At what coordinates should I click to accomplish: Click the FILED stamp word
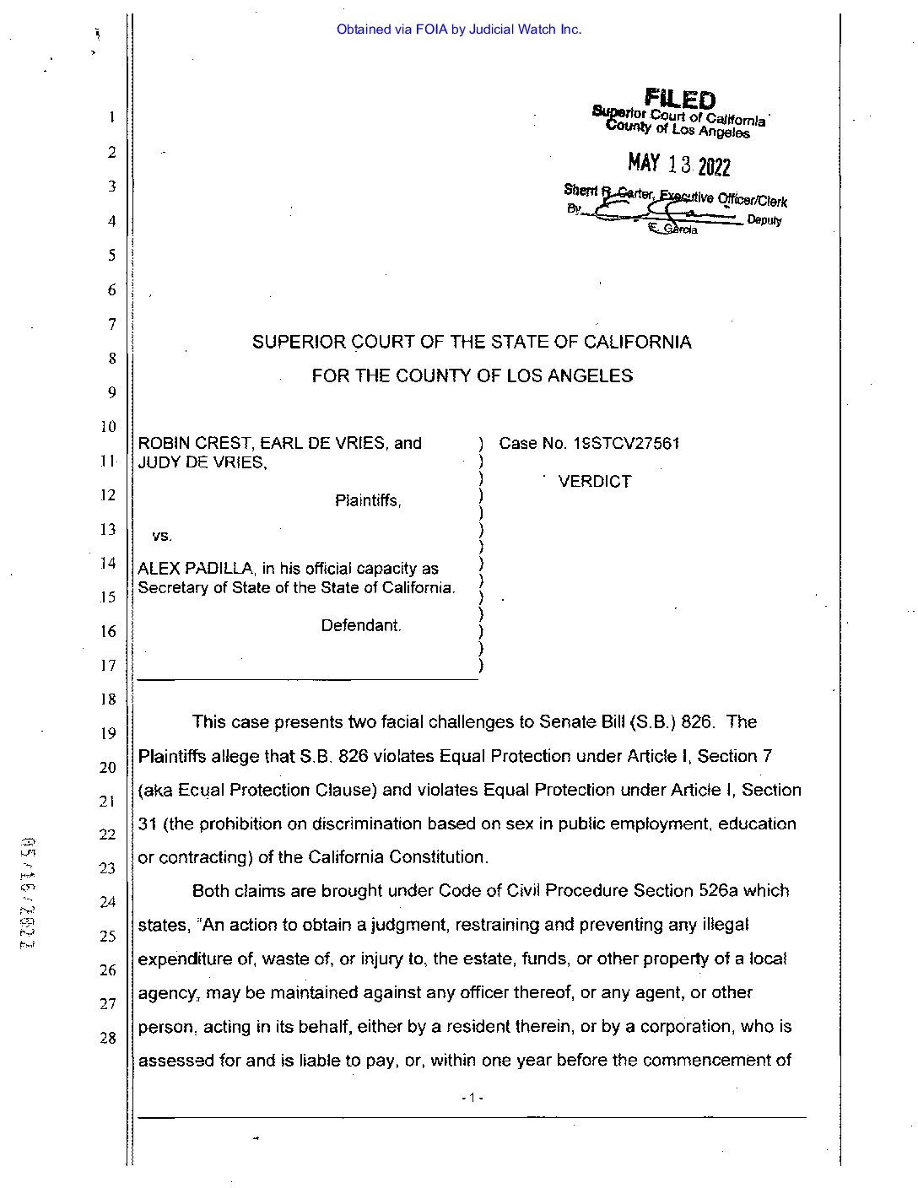tap(680, 100)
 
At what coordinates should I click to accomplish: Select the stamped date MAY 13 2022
tap(678, 165)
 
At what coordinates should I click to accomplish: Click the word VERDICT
tap(595, 482)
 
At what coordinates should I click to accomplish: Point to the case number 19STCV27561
tap(626, 444)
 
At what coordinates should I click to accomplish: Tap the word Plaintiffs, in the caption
tap(368, 501)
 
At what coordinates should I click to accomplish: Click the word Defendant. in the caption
tap(361, 626)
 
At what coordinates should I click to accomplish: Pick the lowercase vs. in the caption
tap(162, 536)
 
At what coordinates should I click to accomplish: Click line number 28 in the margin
tap(108, 1038)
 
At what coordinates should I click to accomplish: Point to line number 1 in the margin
tap(111, 117)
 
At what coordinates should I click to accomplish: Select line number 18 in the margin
tap(108, 699)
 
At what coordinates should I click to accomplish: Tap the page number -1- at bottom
tap(472, 1098)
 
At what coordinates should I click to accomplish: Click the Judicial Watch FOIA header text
tap(459, 30)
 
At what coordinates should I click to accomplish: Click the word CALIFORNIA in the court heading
tap(638, 343)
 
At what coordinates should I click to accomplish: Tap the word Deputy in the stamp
tap(764, 221)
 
